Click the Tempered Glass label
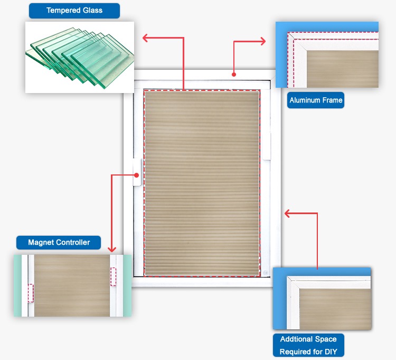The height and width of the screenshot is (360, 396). point(74,11)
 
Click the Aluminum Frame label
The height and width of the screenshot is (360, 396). point(316,100)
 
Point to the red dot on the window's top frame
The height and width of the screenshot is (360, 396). point(233,75)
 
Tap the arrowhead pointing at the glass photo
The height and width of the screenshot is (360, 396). point(146,38)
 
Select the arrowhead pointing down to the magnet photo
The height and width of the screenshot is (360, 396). point(111,248)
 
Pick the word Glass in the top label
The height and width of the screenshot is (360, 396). point(91,11)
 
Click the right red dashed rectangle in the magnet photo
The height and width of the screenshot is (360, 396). point(113,276)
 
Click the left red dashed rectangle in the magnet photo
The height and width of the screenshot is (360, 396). point(30,293)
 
